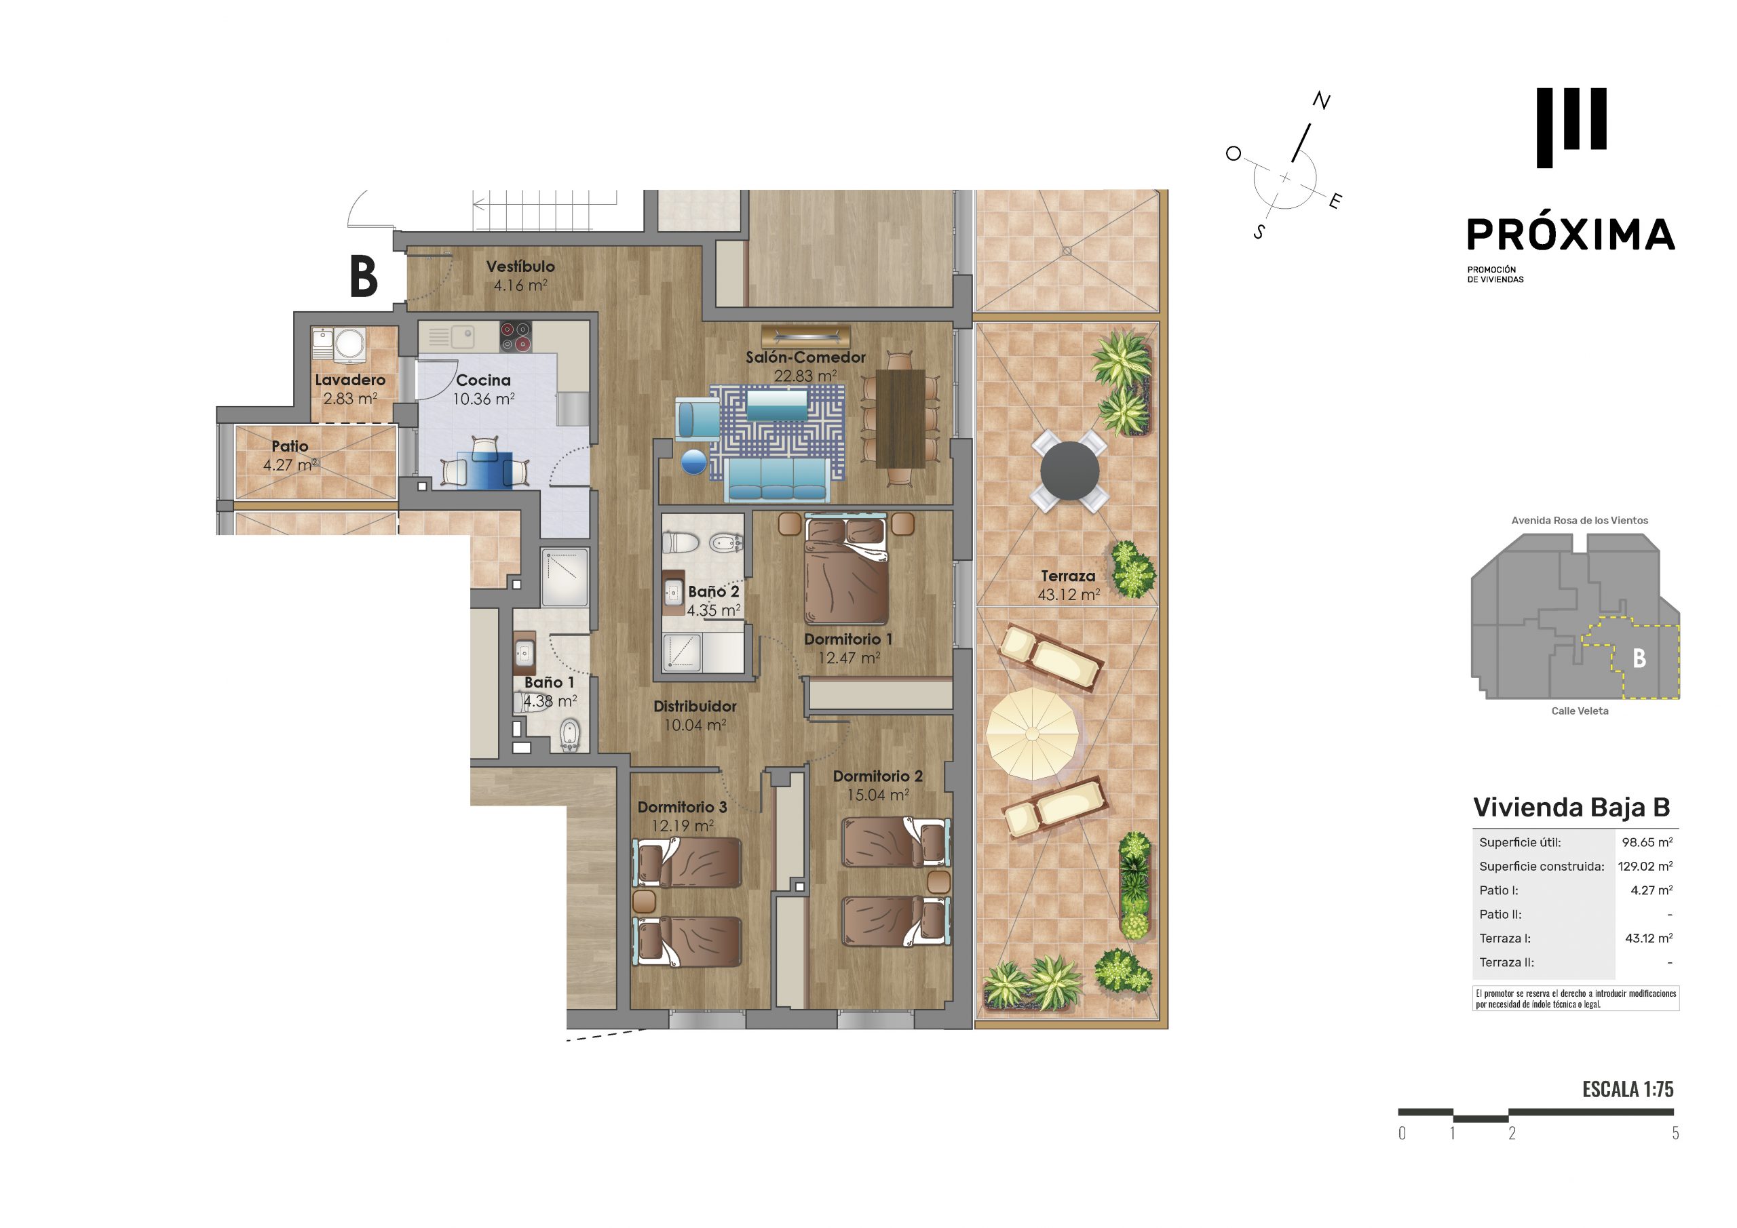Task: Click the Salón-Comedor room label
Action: tap(805, 357)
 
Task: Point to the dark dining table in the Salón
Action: tap(900, 418)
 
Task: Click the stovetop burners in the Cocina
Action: tap(515, 336)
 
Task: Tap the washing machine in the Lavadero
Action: tap(350, 344)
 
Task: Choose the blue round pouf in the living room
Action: tap(693, 462)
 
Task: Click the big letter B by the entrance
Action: tap(364, 277)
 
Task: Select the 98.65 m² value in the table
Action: tap(1647, 842)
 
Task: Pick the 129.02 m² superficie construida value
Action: tap(1645, 867)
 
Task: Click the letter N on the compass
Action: tap(1321, 100)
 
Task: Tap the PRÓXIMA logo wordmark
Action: tap(1571, 235)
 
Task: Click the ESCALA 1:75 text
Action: tap(1627, 1090)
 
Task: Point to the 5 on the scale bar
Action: tap(1675, 1132)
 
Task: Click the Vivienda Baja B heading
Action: tap(1571, 808)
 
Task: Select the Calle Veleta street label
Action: tap(1580, 711)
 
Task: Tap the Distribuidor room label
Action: tap(695, 707)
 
